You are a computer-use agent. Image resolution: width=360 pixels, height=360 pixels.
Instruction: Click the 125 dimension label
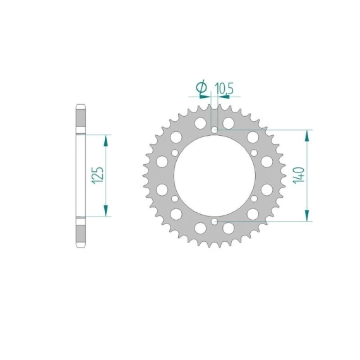[x=97, y=175]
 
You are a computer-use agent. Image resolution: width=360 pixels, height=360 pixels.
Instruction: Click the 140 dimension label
[x=299, y=175]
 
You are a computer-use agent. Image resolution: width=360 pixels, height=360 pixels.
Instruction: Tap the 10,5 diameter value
[x=224, y=88]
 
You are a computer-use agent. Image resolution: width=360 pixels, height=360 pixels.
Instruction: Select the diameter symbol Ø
[x=201, y=87]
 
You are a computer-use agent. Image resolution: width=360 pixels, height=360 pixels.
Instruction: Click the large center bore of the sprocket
[x=215, y=176]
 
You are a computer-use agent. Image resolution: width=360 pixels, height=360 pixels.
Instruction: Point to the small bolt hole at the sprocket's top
[x=215, y=130]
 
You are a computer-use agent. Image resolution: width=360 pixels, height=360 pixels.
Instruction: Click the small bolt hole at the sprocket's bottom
[x=215, y=222]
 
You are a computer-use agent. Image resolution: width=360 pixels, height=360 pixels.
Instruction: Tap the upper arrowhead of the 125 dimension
[x=105, y=141]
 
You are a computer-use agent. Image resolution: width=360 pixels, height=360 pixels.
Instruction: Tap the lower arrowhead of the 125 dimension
[x=105, y=210]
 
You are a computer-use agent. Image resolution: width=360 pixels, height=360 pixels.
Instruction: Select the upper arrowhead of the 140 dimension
[x=307, y=136]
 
